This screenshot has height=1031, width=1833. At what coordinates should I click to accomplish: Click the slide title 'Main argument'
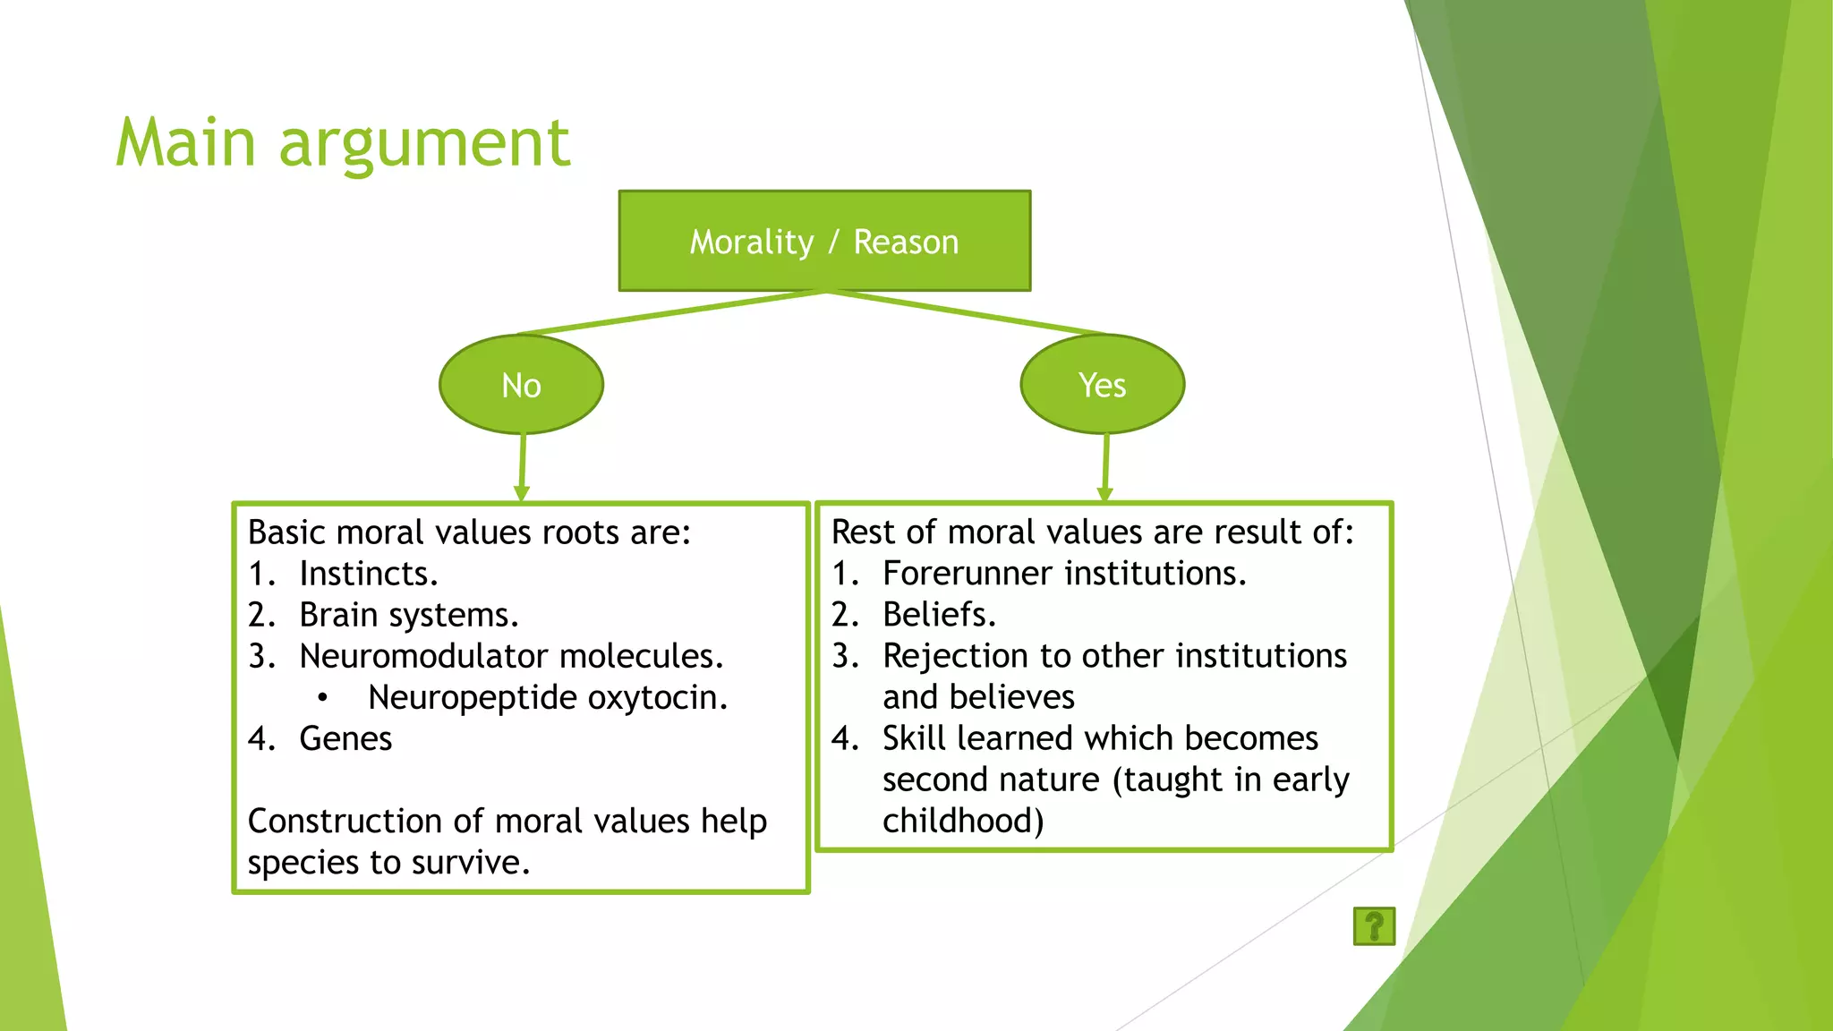(x=343, y=143)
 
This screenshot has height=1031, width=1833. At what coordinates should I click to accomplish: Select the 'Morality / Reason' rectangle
(x=823, y=241)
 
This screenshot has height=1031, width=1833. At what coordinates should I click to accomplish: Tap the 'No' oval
(x=521, y=385)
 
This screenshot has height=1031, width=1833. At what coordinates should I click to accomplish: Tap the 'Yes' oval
(x=1102, y=385)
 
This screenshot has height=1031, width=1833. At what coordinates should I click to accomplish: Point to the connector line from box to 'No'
(x=671, y=312)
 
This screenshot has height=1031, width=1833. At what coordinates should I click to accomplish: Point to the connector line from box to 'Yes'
(x=967, y=312)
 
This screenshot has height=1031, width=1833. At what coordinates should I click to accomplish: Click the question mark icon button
(x=1374, y=926)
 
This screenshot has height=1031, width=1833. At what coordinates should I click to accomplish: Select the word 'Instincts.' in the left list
(x=368, y=574)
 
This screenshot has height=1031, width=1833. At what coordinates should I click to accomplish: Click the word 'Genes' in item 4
(x=345, y=739)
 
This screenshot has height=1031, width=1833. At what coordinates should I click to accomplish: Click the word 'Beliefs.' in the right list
(x=939, y=615)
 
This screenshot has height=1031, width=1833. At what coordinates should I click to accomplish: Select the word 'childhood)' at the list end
(x=963, y=821)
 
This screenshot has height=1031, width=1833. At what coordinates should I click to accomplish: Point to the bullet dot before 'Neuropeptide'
(x=322, y=698)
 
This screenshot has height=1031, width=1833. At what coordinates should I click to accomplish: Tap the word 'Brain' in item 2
(x=338, y=615)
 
